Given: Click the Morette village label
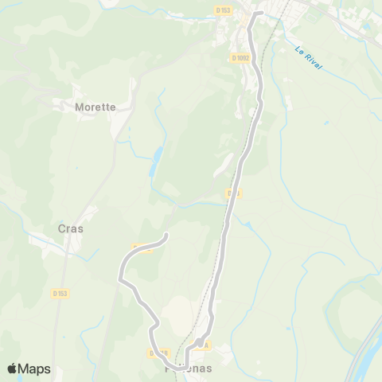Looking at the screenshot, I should pos(95,107).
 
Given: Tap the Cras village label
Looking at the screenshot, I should pos(71,228).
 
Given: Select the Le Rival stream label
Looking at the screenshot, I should pos(308,60).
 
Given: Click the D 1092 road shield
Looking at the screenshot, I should pos(241,58).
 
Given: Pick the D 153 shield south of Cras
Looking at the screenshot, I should pos(60,293).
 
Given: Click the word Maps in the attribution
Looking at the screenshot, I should pos(35,368).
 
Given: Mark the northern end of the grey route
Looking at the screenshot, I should pos(260,14).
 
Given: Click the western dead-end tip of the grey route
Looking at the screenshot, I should pos(166,235).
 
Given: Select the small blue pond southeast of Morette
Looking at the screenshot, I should pos(156,156).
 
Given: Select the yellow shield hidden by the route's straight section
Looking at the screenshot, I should pos(232,193).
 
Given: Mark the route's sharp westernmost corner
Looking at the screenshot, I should pos(119,279).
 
